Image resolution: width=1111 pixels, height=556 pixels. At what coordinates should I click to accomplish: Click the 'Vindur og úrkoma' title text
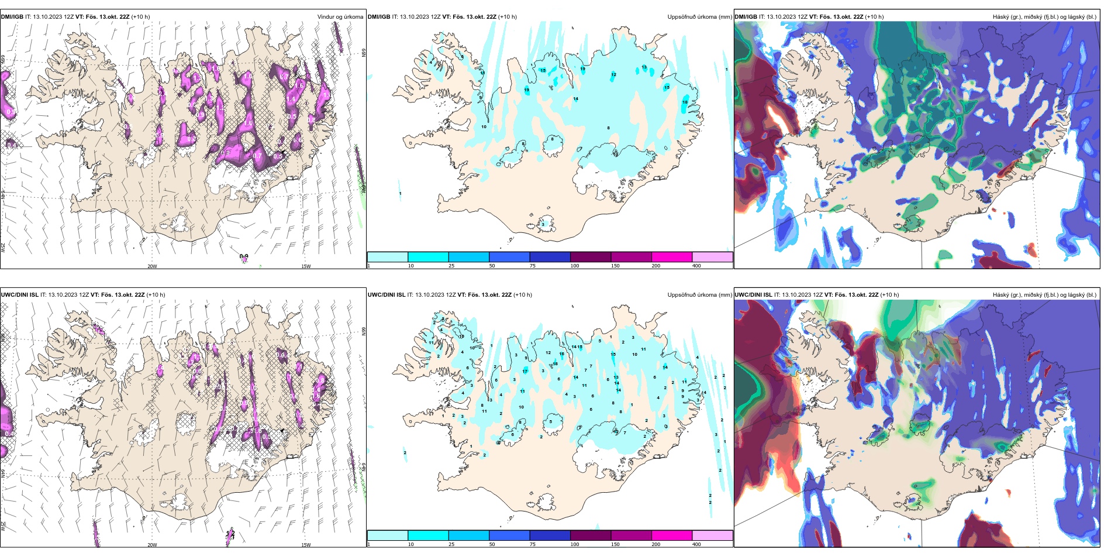coord(340,17)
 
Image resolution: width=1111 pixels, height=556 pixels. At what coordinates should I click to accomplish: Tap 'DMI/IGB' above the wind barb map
coord(12,17)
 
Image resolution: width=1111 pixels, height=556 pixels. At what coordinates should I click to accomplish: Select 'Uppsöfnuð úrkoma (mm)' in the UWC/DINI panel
coord(699,295)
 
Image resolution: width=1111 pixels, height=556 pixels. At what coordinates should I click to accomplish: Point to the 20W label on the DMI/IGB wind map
coord(152,266)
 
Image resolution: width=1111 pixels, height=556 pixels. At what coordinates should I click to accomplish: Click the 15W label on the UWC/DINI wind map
coord(306,545)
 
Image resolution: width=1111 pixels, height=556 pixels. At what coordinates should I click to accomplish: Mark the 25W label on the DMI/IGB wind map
coord(3,248)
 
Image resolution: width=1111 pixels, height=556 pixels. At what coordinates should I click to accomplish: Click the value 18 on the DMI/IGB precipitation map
coord(685,102)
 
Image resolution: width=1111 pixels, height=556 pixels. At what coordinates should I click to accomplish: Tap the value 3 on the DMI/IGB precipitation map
coord(543,224)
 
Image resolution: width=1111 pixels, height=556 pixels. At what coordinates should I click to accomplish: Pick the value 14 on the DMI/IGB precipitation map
coord(575,99)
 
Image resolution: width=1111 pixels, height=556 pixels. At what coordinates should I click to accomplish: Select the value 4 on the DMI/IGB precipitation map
coord(431,62)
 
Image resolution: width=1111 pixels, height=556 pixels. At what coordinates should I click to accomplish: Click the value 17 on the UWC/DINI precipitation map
coord(525,372)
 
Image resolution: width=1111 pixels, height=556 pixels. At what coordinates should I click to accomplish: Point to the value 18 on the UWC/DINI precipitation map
coord(555,364)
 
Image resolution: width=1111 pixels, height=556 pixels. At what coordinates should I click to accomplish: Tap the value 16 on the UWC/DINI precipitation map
coord(561,354)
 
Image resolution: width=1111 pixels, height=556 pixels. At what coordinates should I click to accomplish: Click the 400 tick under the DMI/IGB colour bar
coord(696,266)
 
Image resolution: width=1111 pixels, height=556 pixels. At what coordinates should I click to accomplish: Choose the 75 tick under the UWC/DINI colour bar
coord(532,544)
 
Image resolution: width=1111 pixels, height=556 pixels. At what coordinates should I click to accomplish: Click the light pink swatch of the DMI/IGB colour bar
coord(712,257)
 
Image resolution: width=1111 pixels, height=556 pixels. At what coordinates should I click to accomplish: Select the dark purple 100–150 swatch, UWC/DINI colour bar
coord(590,536)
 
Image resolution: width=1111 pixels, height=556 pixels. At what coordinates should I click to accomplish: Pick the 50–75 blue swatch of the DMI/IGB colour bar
coord(509,257)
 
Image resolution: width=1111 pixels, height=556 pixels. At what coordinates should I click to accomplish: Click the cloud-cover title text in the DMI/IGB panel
coord(1044,17)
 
